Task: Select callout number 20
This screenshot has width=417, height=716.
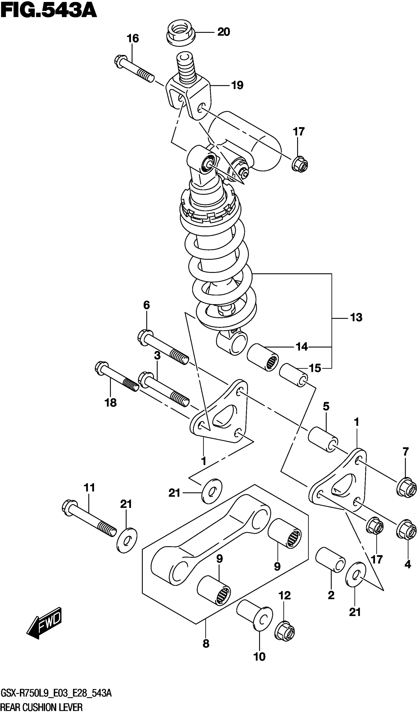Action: tap(223, 32)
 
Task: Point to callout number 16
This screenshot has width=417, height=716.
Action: tap(133, 38)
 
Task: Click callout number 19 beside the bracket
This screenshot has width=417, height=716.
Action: tap(237, 85)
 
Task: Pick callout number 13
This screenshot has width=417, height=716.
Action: tap(356, 317)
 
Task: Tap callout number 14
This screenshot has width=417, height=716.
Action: tap(302, 347)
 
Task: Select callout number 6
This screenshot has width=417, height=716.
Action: tap(146, 305)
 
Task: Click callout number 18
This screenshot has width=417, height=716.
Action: tap(110, 403)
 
